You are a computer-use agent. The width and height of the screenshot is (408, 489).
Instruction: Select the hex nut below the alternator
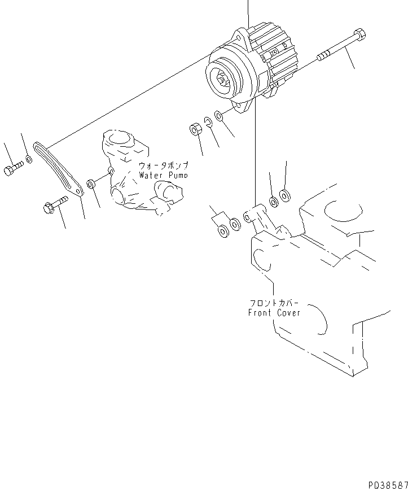tap(194, 130)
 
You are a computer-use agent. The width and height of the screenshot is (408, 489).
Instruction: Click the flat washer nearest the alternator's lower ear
tap(219, 116)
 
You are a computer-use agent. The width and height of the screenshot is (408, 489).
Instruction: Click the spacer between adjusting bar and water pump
tap(90, 184)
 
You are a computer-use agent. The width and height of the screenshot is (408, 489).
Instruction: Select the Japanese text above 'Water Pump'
tap(163, 166)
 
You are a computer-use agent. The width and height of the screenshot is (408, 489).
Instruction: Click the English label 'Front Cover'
tap(275, 312)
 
